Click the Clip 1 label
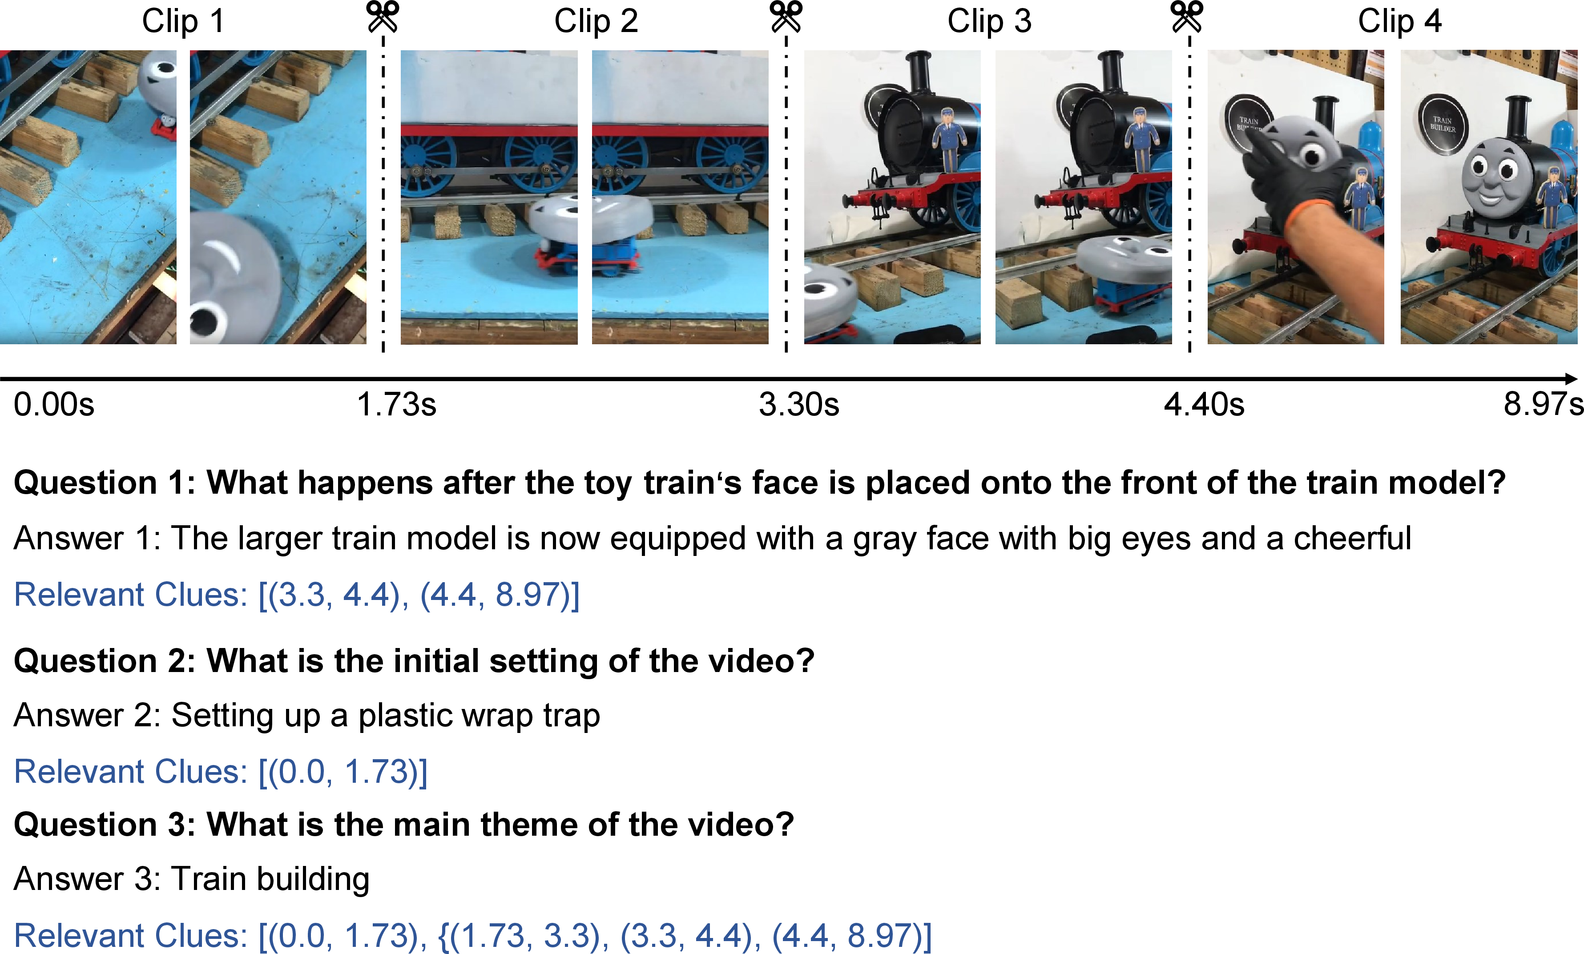(x=183, y=21)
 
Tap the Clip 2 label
(x=596, y=21)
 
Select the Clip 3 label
(x=989, y=21)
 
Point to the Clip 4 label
(x=1399, y=21)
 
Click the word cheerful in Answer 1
(x=1353, y=538)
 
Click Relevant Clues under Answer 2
(x=130, y=772)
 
